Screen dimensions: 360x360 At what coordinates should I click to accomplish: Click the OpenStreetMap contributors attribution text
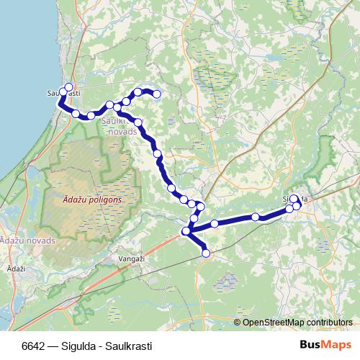[x=297, y=322]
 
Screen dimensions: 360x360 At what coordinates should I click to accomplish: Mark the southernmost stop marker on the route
[x=207, y=253]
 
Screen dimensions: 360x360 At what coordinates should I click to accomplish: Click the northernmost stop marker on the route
[x=69, y=88]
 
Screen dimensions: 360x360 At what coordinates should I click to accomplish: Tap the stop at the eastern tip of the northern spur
[x=156, y=94]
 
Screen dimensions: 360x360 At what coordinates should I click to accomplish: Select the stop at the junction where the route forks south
[x=186, y=231]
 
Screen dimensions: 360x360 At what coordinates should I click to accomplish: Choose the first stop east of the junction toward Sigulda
[x=214, y=224]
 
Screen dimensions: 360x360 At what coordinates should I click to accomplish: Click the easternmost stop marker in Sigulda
[x=297, y=206]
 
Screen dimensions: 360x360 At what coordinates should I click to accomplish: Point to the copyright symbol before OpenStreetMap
[x=237, y=322]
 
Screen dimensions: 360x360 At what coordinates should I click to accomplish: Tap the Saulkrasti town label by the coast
[x=63, y=94]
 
